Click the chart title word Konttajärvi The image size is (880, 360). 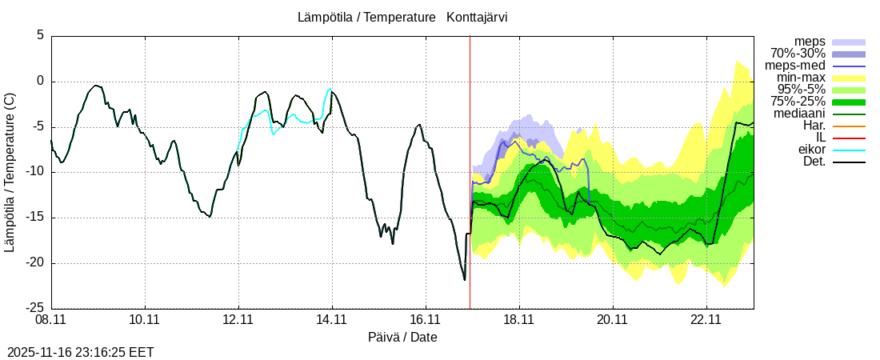(x=477, y=17)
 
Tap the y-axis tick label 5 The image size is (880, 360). (x=39, y=36)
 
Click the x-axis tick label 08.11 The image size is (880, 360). (x=51, y=320)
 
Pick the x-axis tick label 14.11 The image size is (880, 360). (x=332, y=320)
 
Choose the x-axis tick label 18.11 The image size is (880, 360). (x=519, y=320)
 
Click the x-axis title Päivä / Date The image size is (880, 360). (x=402, y=337)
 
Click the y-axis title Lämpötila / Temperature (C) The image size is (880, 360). (x=10, y=172)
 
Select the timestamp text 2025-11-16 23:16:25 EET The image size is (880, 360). (x=80, y=352)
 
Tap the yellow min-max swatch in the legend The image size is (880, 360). (x=849, y=78)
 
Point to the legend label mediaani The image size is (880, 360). (x=799, y=114)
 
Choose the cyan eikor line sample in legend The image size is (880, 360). (x=849, y=150)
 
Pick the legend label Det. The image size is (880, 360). (x=814, y=162)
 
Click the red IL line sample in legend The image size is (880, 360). (x=849, y=138)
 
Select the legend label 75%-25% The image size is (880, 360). (x=798, y=102)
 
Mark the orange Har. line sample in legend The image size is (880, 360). (x=849, y=126)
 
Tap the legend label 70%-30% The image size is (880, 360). (x=798, y=54)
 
